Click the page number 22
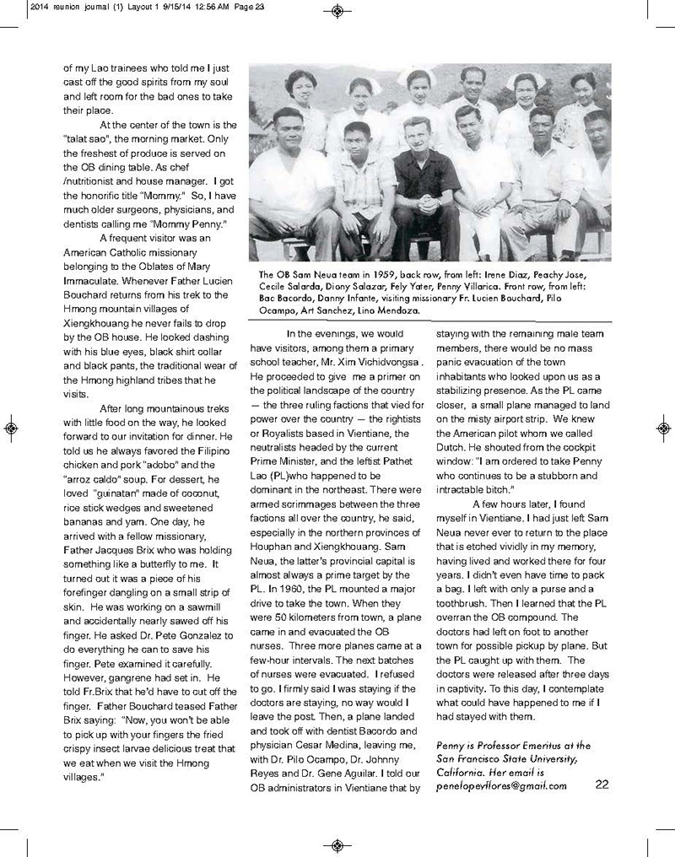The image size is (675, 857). click(602, 784)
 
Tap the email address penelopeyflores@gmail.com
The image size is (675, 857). click(501, 784)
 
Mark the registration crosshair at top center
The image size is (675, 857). click(337, 11)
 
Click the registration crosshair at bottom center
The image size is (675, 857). click(337, 845)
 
